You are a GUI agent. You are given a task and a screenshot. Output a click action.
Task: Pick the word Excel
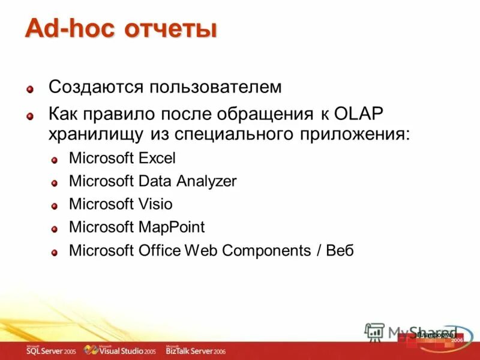click(x=158, y=158)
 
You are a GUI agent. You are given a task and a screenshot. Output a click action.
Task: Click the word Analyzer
click(x=206, y=181)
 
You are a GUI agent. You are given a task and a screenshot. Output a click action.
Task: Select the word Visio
click(x=155, y=204)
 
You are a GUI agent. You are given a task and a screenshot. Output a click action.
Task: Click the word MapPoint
click(x=171, y=227)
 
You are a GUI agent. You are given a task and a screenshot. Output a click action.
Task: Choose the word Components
click(x=265, y=250)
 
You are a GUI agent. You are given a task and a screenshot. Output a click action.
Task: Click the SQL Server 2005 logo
click(x=50, y=350)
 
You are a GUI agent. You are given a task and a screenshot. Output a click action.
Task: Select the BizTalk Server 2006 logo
click(x=196, y=350)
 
